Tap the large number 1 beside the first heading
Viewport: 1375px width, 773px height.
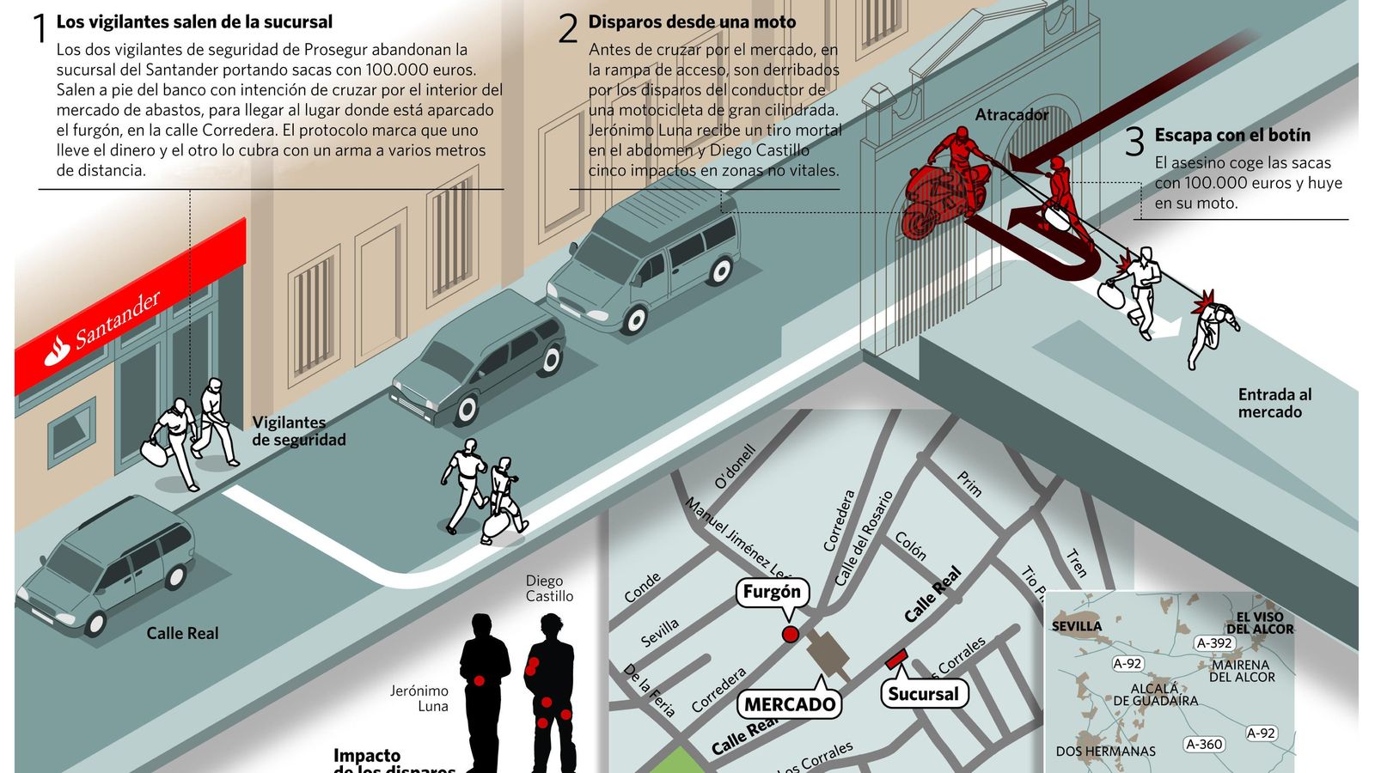(x=40, y=29)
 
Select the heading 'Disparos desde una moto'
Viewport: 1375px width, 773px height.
(x=692, y=22)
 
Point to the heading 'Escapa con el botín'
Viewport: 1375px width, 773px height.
(x=1232, y=135)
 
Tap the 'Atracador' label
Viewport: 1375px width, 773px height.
(x=1011, y=115)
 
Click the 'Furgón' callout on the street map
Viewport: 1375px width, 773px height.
(x=772, y=592)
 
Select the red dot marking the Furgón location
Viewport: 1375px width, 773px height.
(x=790, y=635)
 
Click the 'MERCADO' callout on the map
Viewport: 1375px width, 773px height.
(x=789, y=704)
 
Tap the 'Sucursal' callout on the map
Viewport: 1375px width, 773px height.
(x=923, y=694)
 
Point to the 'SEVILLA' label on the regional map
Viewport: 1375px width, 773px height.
(x=1077, y=626)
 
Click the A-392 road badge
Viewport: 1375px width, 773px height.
(x=1214, y=642)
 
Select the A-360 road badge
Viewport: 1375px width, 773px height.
(x=1203, y=745)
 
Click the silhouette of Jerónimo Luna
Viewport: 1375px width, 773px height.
(x=485, y=687)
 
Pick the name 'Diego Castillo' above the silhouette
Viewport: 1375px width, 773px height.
(x=549, y=588)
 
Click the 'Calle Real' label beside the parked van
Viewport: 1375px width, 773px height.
(x=182, y=634)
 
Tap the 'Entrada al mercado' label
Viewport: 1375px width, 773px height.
(x=1274, y=403)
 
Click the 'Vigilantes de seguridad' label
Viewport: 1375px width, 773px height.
(x=298, y=431)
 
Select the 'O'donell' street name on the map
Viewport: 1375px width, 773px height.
(x=736, y=467)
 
